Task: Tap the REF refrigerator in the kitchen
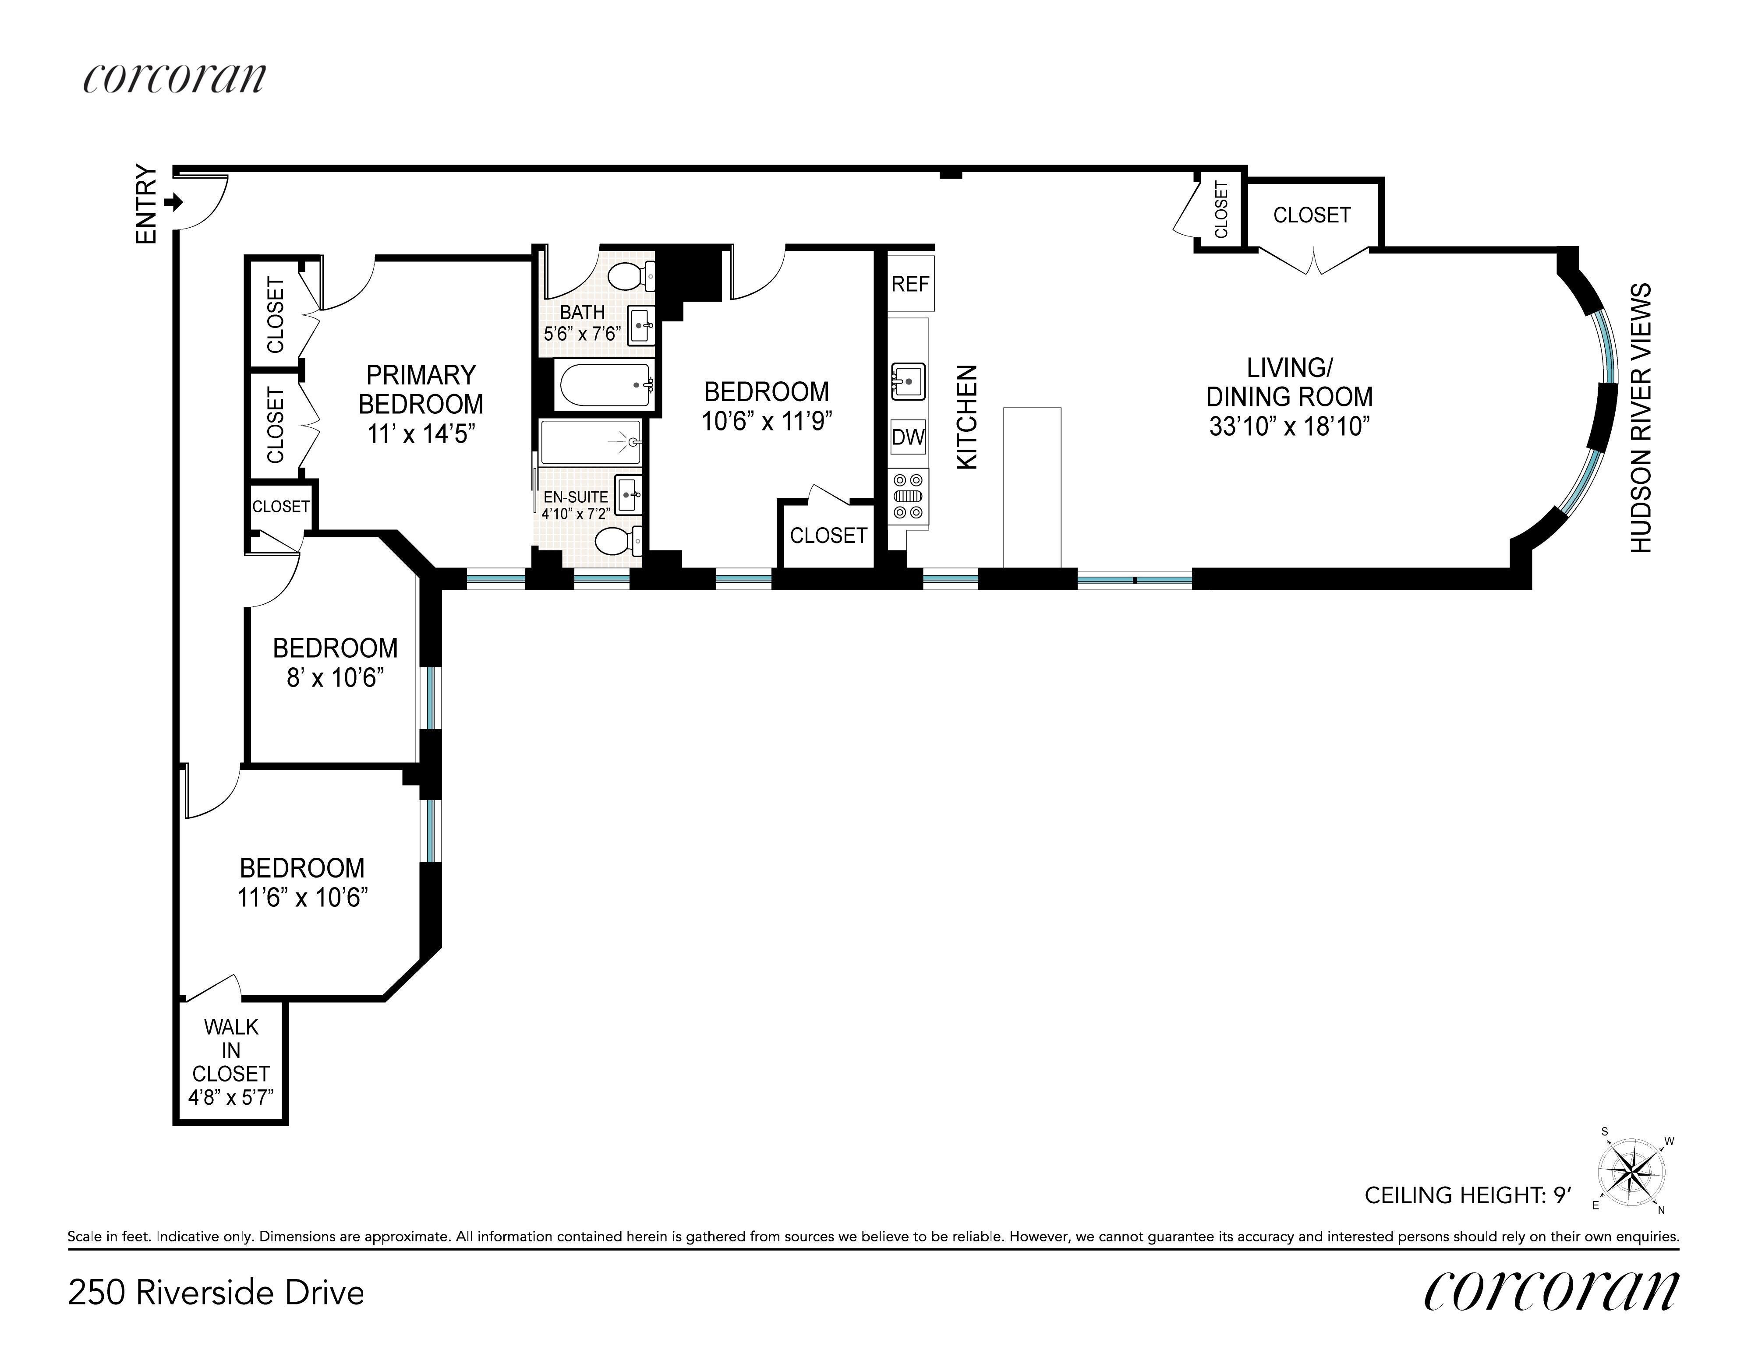click(911, 284)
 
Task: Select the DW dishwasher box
click(909, 437)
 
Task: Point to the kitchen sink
click(909, 381)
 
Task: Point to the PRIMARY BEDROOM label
click(421, 390)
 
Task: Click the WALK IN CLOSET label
click(231, 1050)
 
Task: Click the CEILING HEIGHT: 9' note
click(1467, 1196)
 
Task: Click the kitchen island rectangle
click(1033, 488)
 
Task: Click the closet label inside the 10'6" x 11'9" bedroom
click(829, 536)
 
